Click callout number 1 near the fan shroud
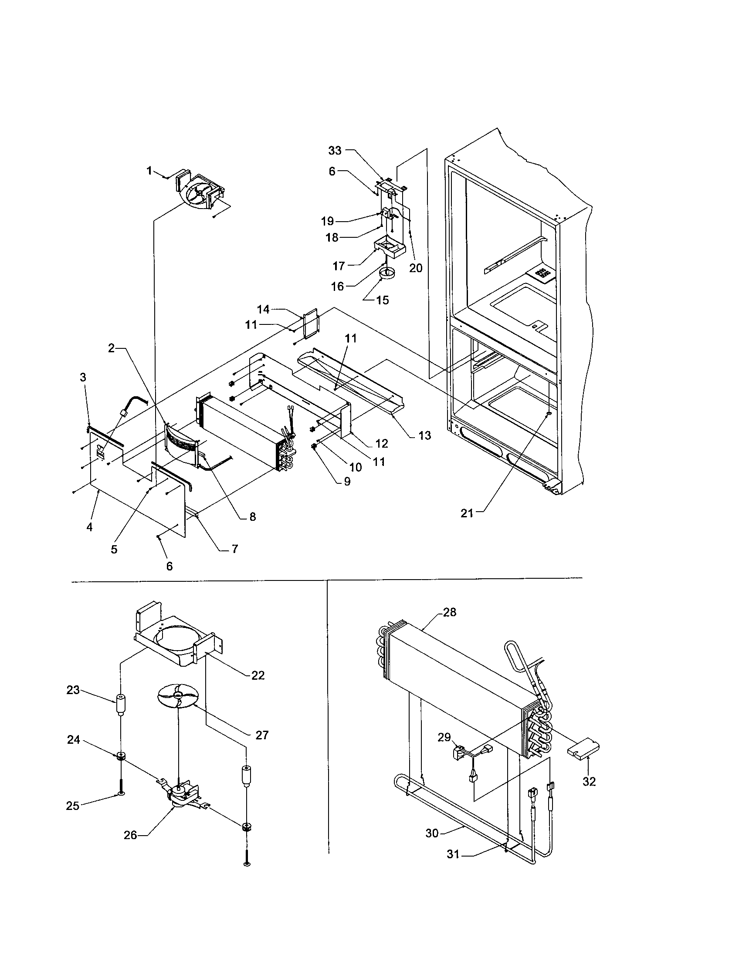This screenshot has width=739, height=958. tap(149, 170)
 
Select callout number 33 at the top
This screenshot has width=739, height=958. tap(334, 151)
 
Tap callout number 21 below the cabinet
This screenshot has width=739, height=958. tap(467, 513)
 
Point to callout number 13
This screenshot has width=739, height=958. tap(424, 435)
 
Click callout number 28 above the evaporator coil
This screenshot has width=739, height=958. tap(449, 612)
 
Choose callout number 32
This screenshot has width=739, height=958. tap(589, 782)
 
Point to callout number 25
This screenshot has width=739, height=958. tap(72, 806)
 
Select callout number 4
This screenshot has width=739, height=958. tap(89, 527)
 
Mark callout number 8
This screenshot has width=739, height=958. tap(252, 517)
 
